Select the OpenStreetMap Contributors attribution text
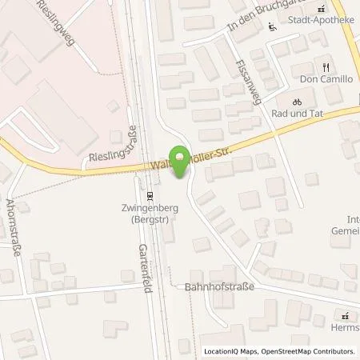[308, 351]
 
